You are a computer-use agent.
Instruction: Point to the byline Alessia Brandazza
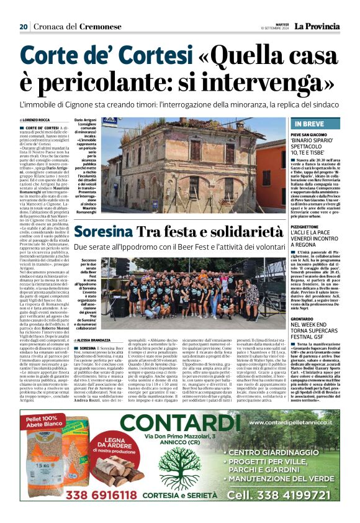(x=92, y=340)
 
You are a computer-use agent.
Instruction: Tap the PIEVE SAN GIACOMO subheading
(x=304, y=134)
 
